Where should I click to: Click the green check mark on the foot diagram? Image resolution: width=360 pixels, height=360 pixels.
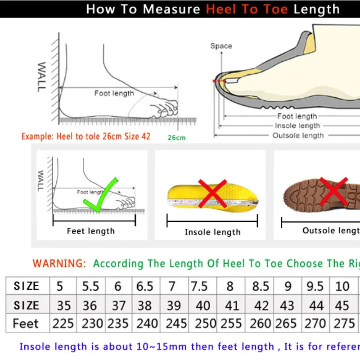point(102,194)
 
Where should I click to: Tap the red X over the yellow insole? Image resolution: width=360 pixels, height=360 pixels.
point(212,194)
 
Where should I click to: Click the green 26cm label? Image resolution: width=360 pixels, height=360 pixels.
point(176,138)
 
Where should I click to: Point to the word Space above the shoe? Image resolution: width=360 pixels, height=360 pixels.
point(221,46)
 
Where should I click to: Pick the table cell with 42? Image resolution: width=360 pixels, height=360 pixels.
point(261,305)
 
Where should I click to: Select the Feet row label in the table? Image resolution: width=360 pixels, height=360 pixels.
point(26,323)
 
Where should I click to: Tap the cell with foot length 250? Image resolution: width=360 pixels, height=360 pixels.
point(202,323)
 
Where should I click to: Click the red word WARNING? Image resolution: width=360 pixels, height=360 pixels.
point(59,263)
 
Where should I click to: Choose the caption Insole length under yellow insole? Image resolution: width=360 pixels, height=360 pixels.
point(212,232)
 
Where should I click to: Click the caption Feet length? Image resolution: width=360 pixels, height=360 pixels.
point(91,231)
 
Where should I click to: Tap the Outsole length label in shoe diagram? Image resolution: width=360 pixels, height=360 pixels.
point(298,135)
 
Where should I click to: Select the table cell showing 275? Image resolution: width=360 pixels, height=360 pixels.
point(344,323)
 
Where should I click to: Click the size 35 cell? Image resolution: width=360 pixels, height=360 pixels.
point(64,305)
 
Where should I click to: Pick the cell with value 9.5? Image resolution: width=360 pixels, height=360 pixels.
point(315,286)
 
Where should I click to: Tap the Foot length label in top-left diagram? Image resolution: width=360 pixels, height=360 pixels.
point(114,93)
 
